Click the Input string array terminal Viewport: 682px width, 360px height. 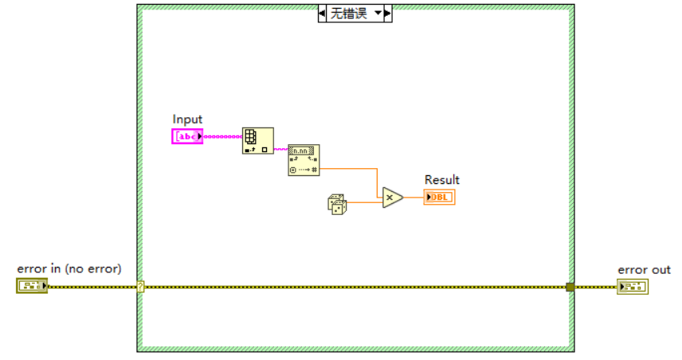click(187, 137)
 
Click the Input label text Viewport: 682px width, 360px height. click(187, 119)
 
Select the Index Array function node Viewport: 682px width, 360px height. click(257, 140)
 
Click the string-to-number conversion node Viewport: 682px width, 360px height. click(304, 160)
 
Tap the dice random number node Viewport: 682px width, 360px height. click(337, 204)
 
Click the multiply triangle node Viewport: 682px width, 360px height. click(391, 198)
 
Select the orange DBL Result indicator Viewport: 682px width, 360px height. click(439, 198)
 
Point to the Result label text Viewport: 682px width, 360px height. click(441, 180)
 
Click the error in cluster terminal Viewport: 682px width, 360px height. click(32, 286)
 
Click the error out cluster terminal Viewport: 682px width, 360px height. click(633, 286)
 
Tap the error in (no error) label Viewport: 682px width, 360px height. click(69, 269)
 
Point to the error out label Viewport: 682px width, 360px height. click(644, 270)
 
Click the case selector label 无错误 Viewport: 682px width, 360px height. click(350, 14)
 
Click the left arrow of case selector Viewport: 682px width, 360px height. click(323, 14)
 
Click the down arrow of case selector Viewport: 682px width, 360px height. click(378, 14)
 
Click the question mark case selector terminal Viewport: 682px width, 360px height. click(140, 286)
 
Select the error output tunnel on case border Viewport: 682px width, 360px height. click(570, 287)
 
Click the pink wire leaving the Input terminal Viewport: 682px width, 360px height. click(223, 137)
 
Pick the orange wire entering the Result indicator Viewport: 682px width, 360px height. click(414, 198)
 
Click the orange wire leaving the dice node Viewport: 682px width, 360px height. click(363, 203)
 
